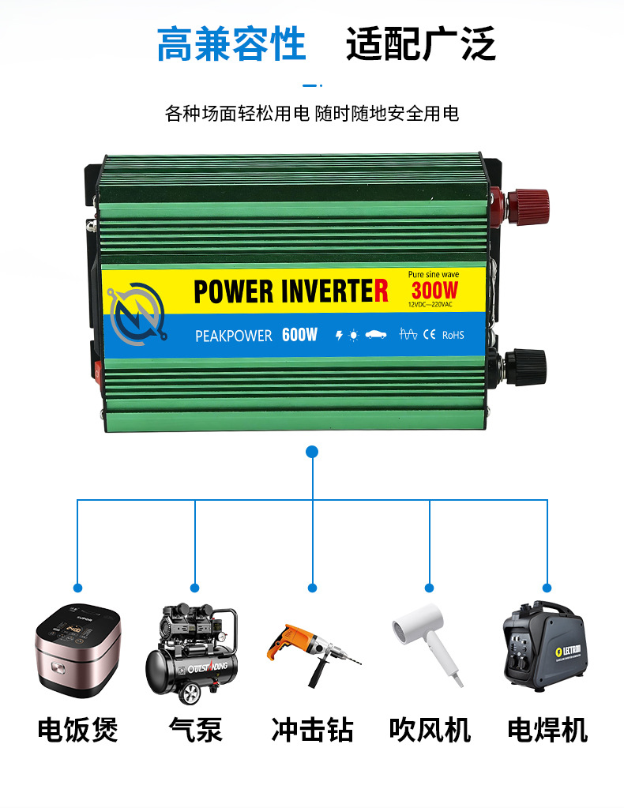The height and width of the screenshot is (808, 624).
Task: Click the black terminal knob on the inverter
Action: point(523,366)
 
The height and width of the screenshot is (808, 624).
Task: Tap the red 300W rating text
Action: point(434,291)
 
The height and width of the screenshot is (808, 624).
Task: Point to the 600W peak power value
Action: point(299,335)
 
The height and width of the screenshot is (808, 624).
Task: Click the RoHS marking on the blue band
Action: point(453,335)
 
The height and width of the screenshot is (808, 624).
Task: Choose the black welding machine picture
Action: point(545,644)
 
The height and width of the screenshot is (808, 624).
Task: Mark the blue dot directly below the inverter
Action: point(312,452)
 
